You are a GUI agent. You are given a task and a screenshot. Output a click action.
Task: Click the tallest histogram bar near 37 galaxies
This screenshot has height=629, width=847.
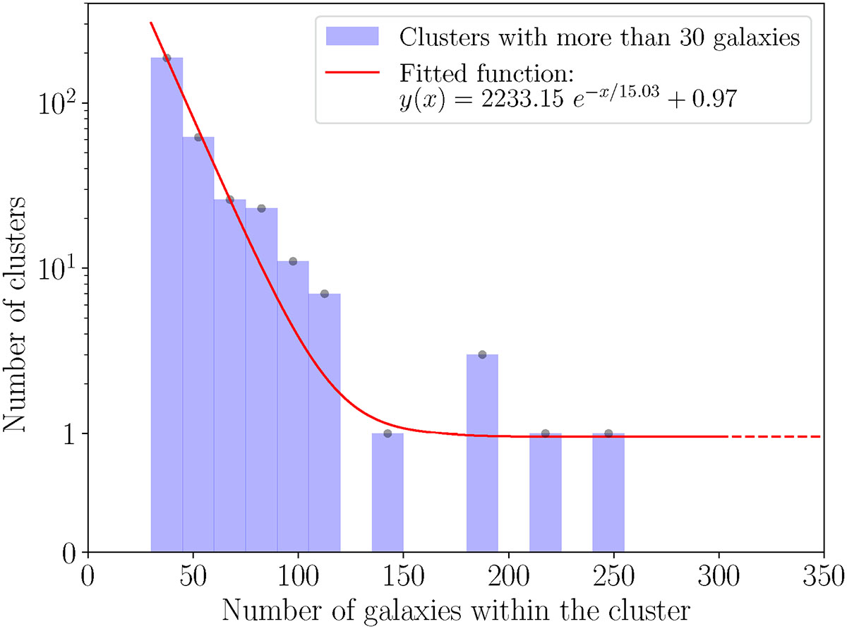[x=167, y=304]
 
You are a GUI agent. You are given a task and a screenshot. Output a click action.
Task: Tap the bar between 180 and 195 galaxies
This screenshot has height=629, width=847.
[x=482, y=452]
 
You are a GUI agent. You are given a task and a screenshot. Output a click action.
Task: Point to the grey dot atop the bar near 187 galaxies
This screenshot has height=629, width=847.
[x=482, y=354]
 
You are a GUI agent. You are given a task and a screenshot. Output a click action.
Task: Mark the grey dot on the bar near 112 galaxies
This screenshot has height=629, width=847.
[x=325, y=294]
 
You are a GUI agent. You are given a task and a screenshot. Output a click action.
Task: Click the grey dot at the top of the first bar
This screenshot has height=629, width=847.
[x=167, y=58]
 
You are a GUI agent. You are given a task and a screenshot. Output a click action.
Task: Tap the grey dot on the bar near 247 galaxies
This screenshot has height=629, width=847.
[x=608, y=433]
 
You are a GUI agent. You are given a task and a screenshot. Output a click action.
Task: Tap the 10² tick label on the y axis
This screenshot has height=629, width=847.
[x=58, y=103]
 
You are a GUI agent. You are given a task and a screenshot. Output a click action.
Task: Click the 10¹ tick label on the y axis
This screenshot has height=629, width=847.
[x=58, y=268]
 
